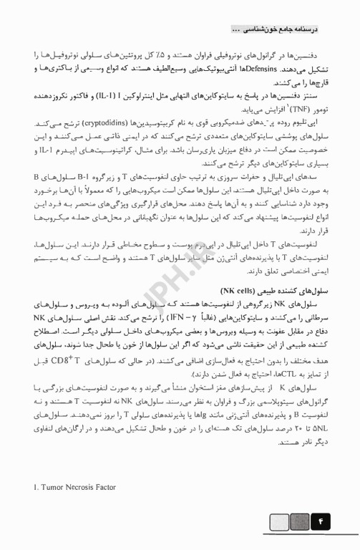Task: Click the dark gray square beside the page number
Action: pos(294,524)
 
